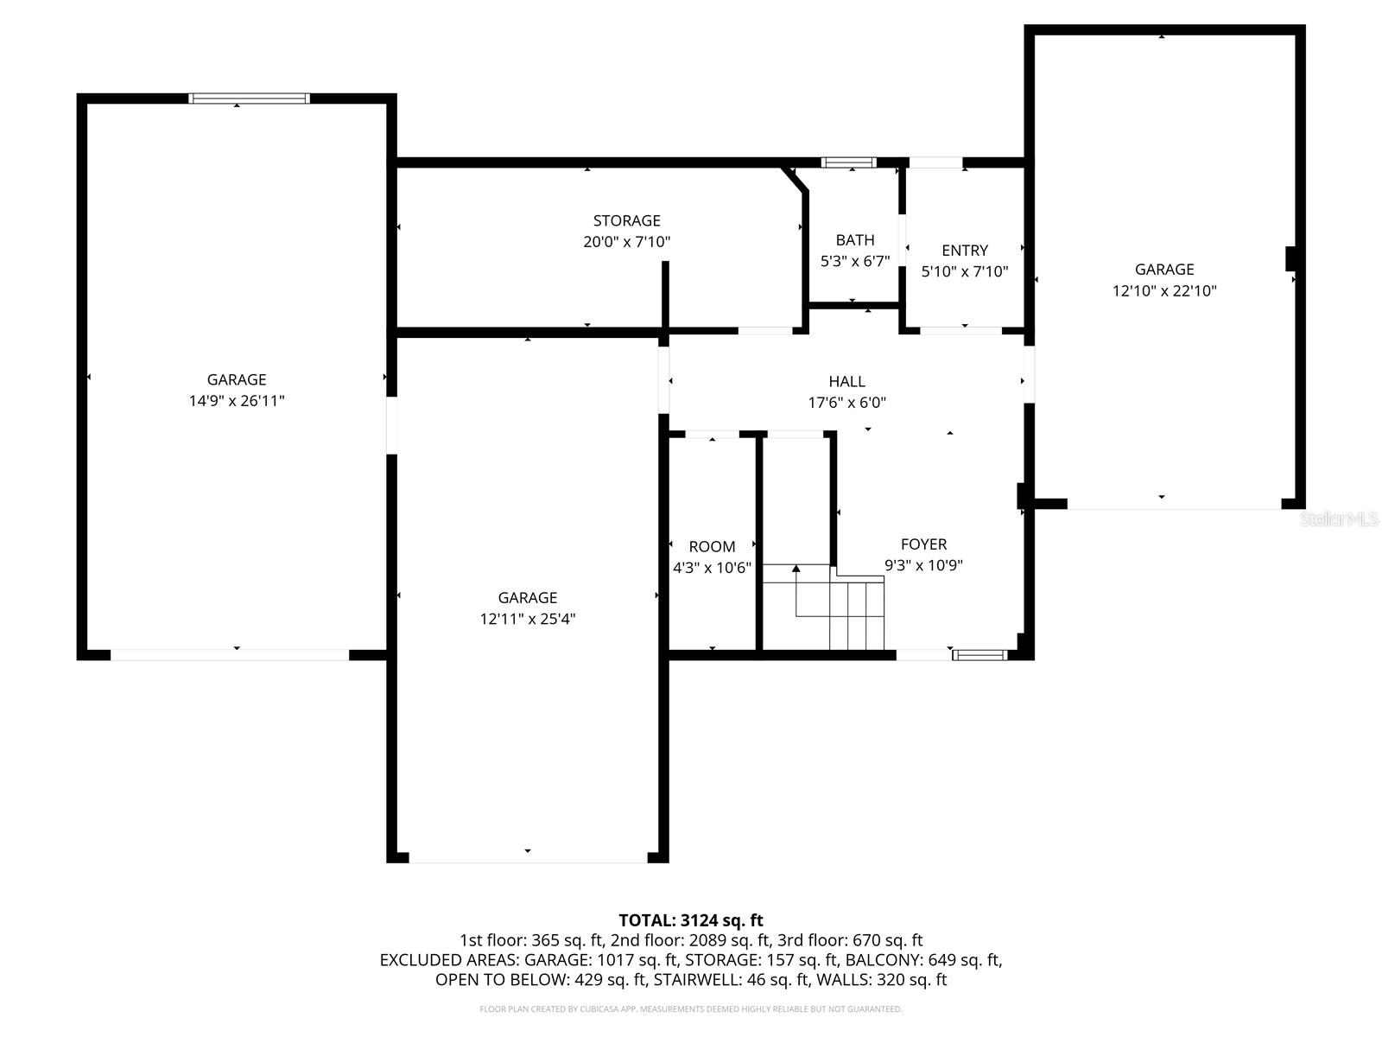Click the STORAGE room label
[626, 220]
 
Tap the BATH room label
[854, 240]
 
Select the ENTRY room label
[964, 251]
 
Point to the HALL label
[846, 381]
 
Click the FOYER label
[923, 544]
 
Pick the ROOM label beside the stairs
[712, 547]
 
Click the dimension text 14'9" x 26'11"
[237, 401]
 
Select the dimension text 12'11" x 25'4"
[527, 619]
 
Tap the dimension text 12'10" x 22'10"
[1163, 291]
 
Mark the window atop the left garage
[249, 99]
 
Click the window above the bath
[848, 162]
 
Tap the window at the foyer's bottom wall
[979, 655]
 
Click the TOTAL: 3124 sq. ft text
[691, 920]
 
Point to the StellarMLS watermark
[1340, 519]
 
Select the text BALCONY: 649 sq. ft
[923, 960]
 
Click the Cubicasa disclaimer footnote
[691, 1008]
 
